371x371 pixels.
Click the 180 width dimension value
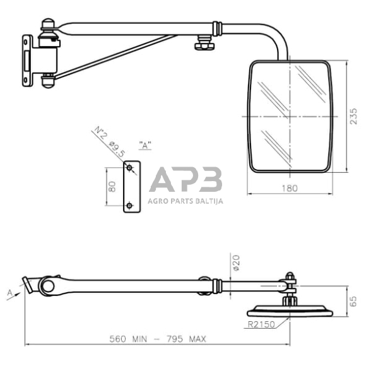click(x=290, y=187)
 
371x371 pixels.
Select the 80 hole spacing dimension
click(x=112, y=187)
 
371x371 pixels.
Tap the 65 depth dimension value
click(x=353, y=300)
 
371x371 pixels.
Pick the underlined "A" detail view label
click(x=145, y=146)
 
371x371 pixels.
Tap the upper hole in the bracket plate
click(x=130, y=168)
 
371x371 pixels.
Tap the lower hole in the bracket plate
click(x=130, y=205)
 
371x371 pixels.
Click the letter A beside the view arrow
click(x=11, y=293)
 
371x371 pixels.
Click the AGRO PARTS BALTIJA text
click(x=185, y=201)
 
